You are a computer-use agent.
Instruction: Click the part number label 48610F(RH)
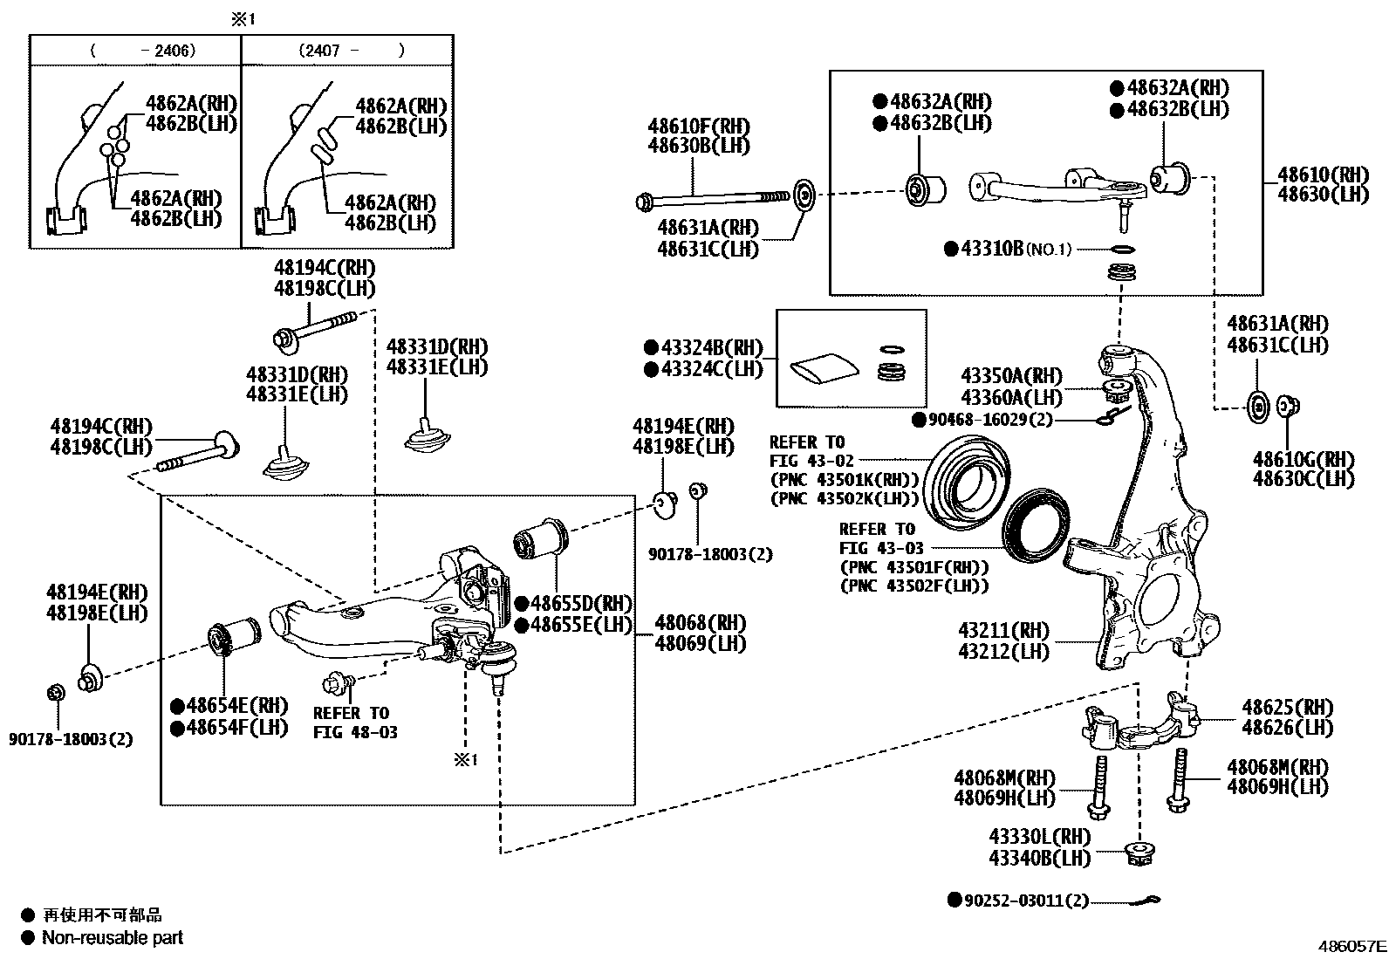698,127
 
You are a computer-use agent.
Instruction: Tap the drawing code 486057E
1351,945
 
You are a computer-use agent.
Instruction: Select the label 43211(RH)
1003,631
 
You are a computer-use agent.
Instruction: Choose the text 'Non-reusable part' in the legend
113,938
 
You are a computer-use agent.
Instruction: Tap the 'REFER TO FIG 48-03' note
354,723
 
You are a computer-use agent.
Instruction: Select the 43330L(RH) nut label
1039,838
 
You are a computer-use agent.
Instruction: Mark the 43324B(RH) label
711,348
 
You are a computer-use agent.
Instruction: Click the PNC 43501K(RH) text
844,480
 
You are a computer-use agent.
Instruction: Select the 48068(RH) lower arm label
700,623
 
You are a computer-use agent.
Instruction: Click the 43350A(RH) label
1010,376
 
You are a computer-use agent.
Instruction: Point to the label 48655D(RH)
579,603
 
